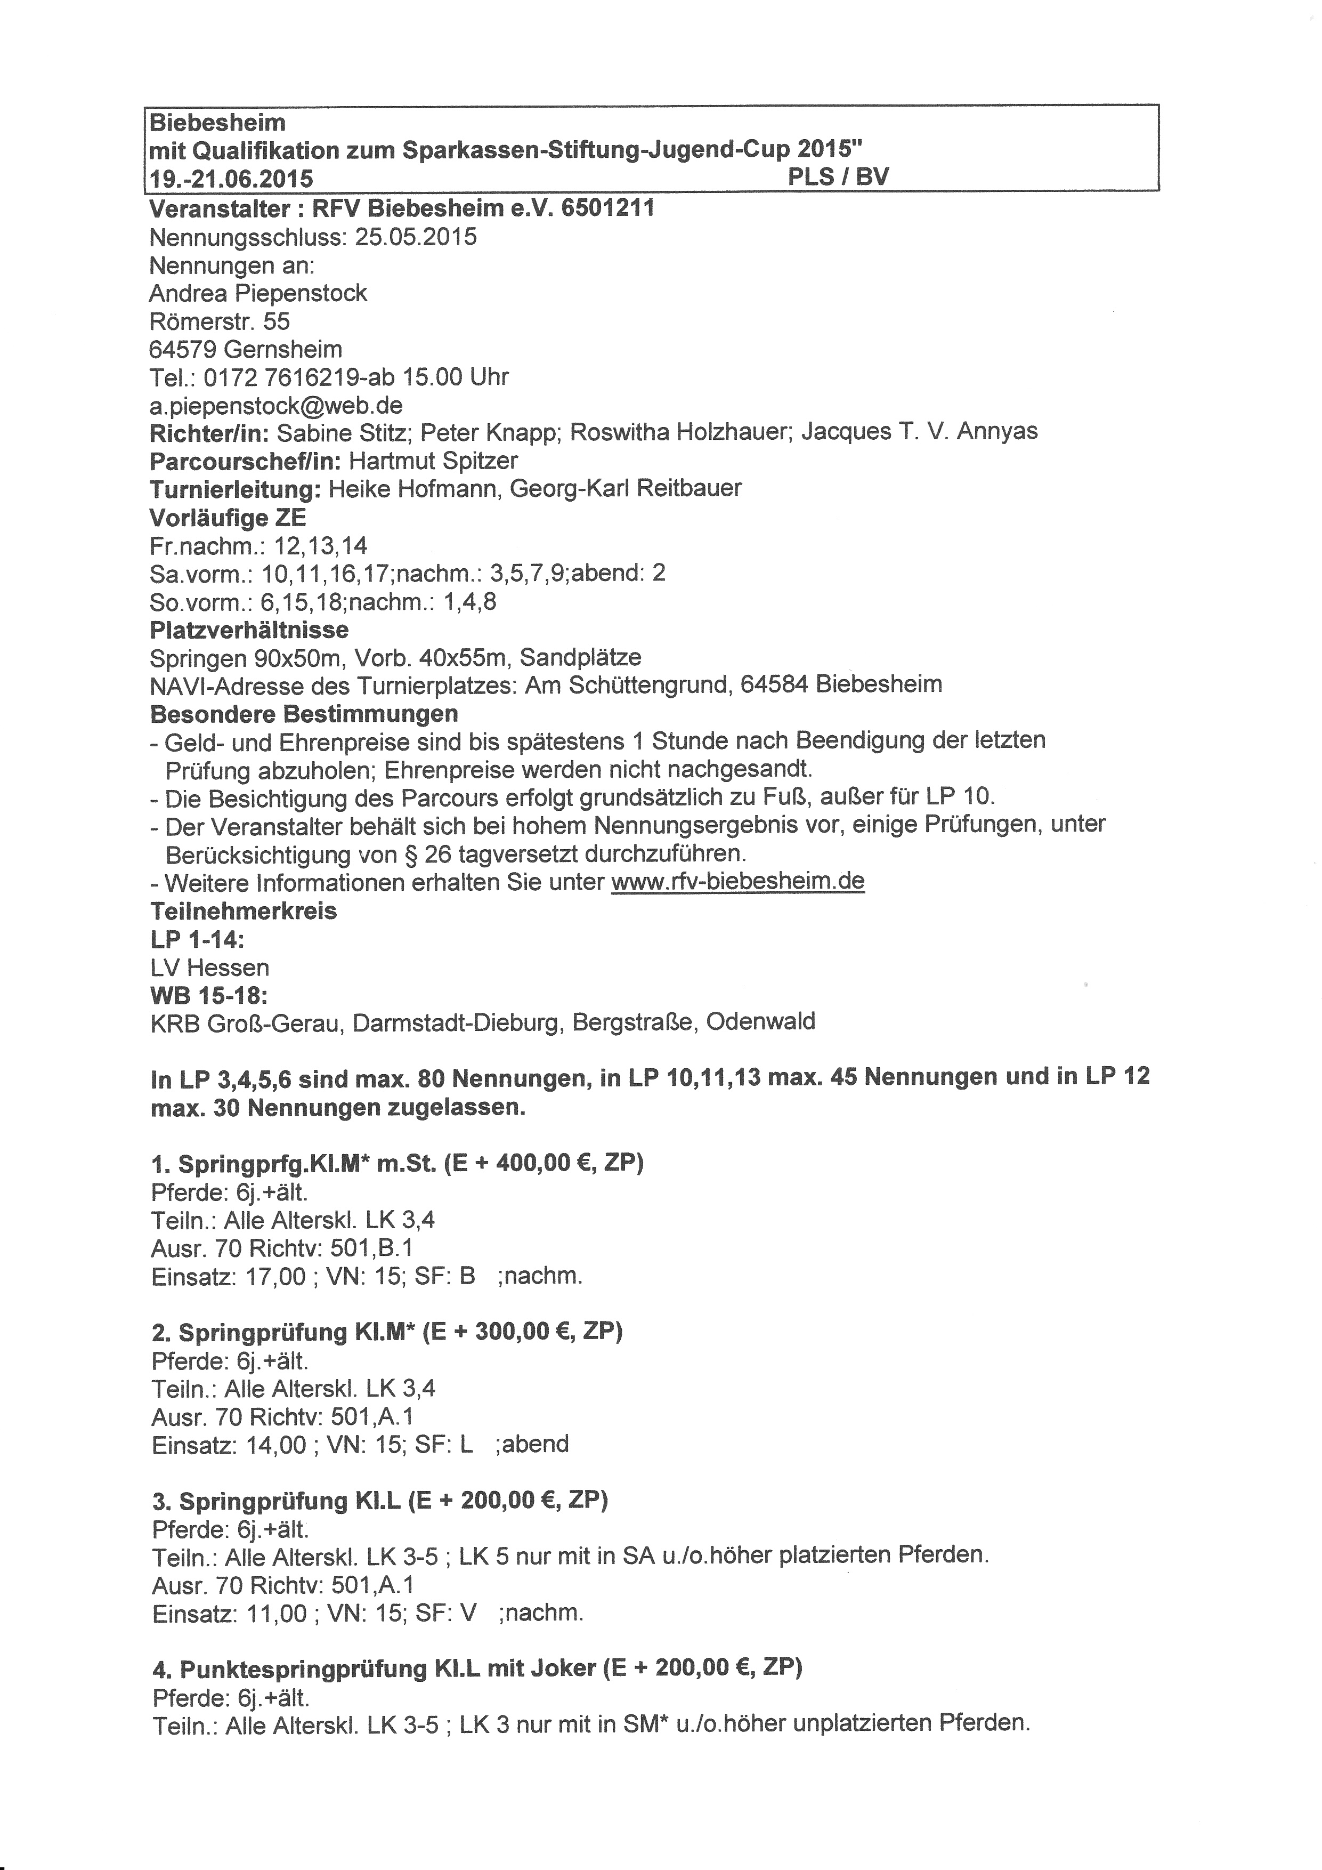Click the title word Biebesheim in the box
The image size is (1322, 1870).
pos(217,123)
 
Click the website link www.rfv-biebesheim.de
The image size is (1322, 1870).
pos(737,881)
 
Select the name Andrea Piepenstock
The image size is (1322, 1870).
pos(258,293)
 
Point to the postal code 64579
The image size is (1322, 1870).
pos(183,349)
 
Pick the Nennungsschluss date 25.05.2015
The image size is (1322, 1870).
pos(416,237)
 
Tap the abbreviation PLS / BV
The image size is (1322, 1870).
pos(839,177)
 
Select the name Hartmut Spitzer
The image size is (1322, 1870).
pos(433,461)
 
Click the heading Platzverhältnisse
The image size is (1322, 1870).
pos(249,630)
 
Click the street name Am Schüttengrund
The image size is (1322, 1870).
pos(626,684)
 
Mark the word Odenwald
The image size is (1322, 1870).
pos(760,1021)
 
